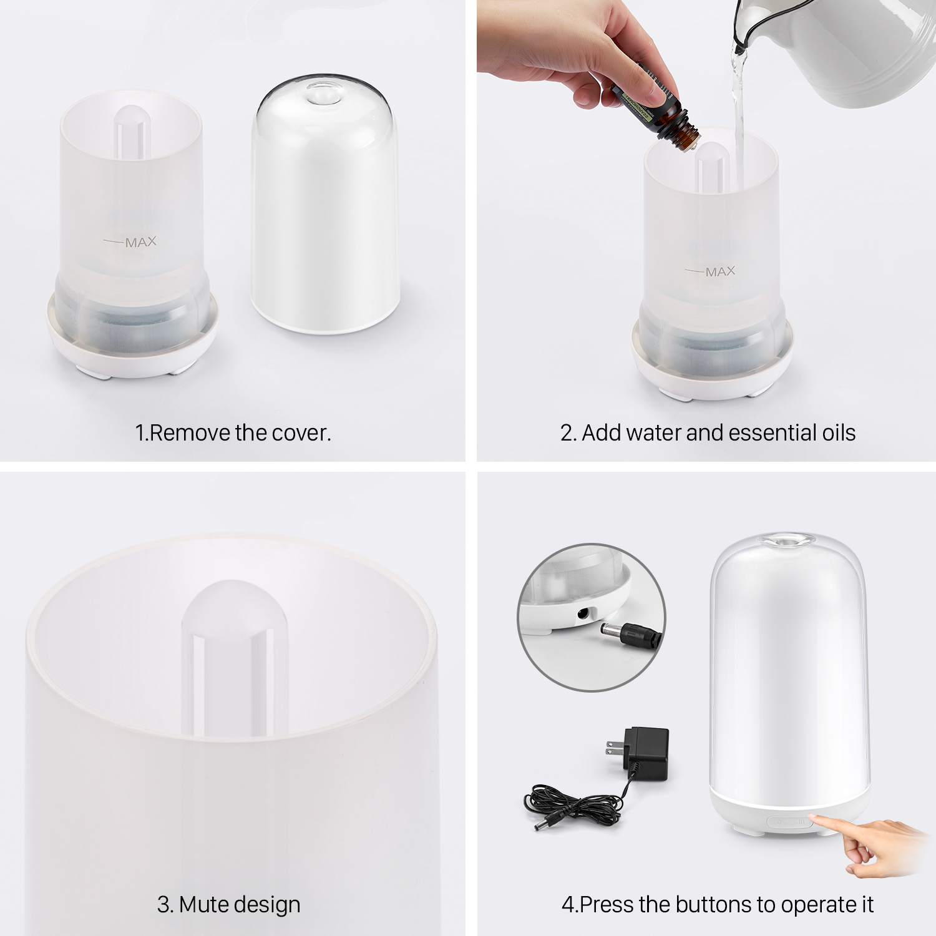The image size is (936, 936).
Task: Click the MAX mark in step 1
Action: coord(140,242)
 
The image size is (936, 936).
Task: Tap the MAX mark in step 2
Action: coord(720,271)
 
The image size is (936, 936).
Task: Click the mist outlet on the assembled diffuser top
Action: coord(789,540)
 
